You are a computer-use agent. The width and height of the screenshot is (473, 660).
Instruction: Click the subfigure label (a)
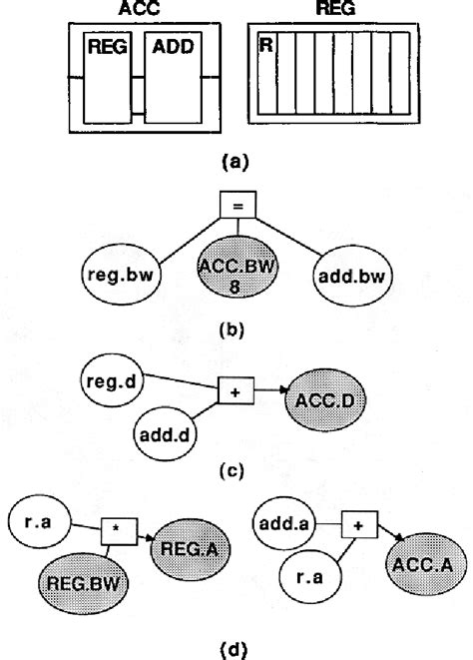click(x=235, y=157)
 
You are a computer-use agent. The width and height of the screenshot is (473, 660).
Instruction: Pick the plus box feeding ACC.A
click(x=355, y=520)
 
